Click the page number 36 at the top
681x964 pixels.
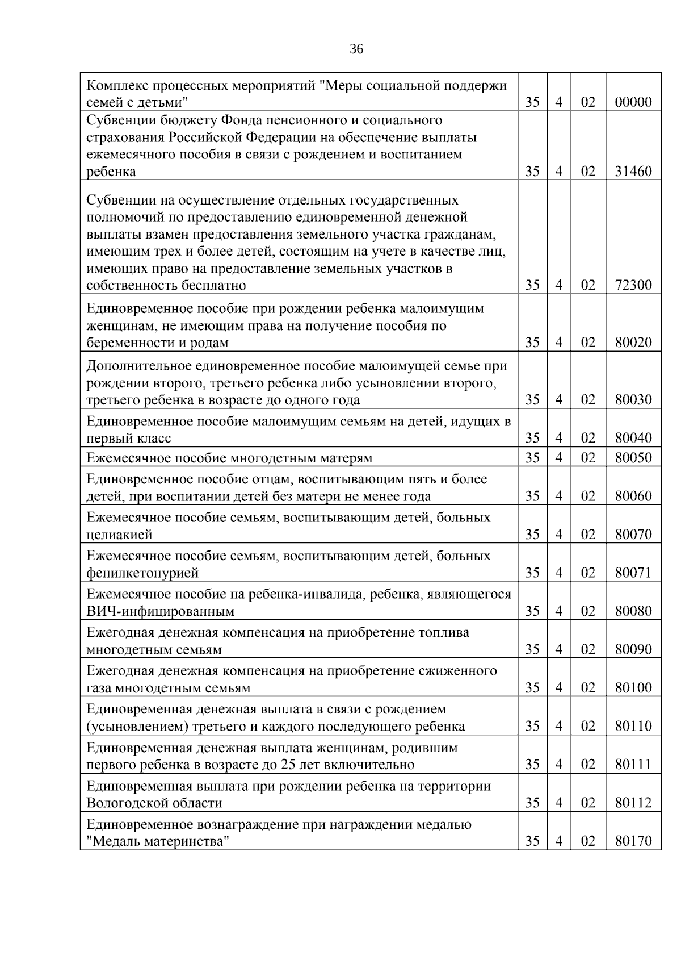click(356, 49)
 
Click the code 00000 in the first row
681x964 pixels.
click(633, 103)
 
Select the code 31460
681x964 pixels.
click(633, 172)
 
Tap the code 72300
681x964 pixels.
click(633, 286)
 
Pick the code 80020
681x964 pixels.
click(633, 343)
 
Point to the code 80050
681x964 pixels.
click(633, 458)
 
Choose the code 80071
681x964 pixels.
click(633, 573)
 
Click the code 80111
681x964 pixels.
click(633, 765)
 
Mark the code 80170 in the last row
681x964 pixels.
click(633, 841)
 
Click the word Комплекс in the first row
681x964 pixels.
click(117, 86)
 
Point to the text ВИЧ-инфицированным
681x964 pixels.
click(160, 611)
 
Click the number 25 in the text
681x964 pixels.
click(288, 765)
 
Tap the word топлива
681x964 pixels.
click(443, 633)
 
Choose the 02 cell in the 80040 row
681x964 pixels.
click(588, 438)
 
